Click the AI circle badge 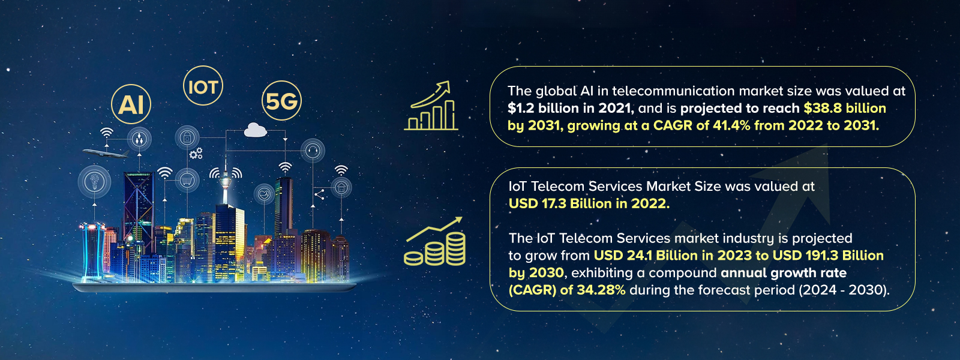[131, 104]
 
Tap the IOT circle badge [203, 86]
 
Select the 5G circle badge [281, 101]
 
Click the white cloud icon [256, 130]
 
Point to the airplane [106, 154]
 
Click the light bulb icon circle [94, 181]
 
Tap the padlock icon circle [187, 138]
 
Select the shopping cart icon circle [187, 179]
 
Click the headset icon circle [312, 150]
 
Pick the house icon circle [341, 188]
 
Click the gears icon [196, 154]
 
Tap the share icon [319, 194]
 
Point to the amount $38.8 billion [845, 109]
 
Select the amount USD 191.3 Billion [828, 256]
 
